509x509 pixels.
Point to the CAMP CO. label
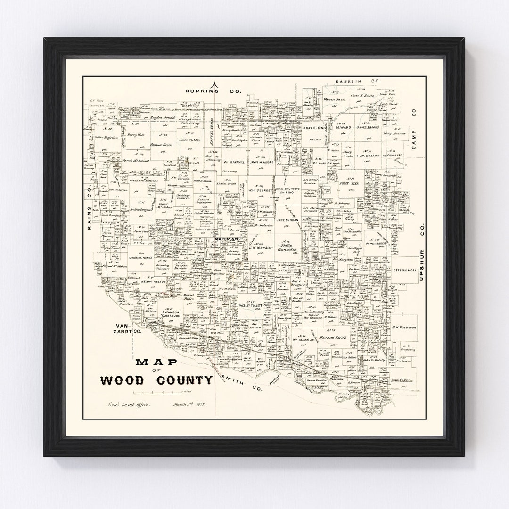click(415, 130)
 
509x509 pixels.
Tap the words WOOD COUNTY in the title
click(155, 380)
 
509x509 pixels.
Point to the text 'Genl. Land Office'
click(124, 405)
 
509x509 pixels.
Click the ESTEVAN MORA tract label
click(403, 271)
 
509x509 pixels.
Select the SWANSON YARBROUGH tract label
click(175, 315)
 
